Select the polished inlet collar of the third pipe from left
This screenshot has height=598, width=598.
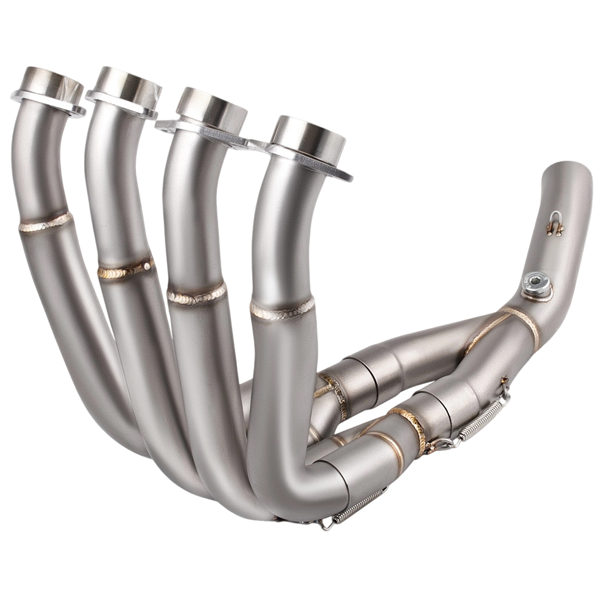tap(211, 108)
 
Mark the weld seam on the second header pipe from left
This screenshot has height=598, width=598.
tap(125, 270)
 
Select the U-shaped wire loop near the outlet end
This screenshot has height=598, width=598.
tap(555, 223)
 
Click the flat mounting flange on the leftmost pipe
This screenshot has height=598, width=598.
tap(24, 98)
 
